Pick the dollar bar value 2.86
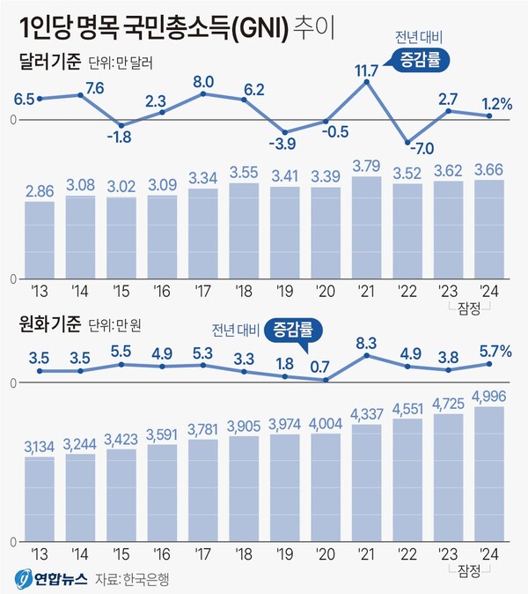click(39, 190)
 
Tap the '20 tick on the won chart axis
click(326, 555)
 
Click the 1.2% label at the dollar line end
click(498, 104)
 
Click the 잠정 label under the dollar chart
click(468, 308)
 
